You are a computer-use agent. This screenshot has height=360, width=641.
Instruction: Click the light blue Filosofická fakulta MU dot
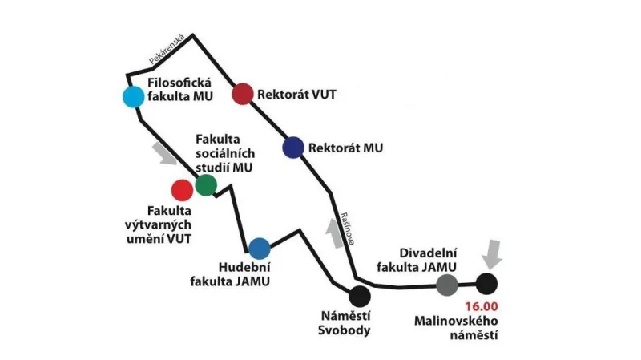[x=133, y=97]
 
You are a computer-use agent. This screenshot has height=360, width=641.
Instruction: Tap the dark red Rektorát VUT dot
[x=242, y=94]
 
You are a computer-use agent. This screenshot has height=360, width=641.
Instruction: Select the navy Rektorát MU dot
[x=293, y=148]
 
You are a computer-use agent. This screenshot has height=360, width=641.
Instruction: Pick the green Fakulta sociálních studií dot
[x=206, y=184]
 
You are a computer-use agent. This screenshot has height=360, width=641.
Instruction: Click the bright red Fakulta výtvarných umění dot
[x=182, y=190]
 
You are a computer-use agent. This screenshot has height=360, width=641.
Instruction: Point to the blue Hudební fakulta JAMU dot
[x=259, y=248]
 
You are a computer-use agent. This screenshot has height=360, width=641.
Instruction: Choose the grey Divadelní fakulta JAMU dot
[x=447, y=284]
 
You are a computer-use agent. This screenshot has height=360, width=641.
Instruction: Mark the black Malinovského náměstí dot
[x=486, y=283]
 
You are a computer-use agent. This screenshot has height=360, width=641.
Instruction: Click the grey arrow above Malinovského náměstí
[x=494, y=255]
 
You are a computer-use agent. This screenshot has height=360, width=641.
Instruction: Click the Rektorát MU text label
[x=346, y=148]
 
